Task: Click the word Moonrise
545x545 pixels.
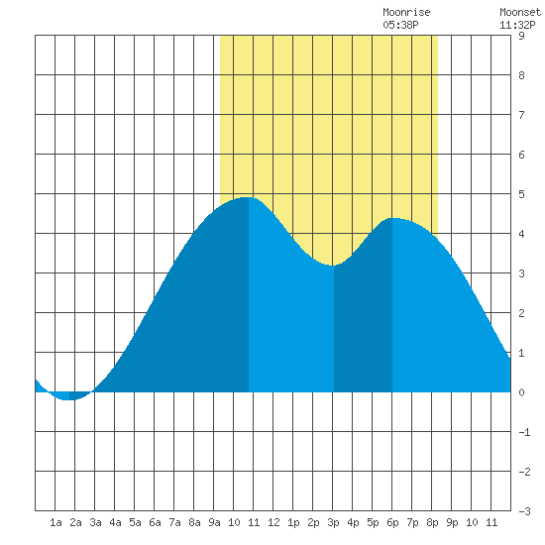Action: [x=406, y=12]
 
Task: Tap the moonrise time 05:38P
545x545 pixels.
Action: [x=400, y=25]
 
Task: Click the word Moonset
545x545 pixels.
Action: [x=520, y=12]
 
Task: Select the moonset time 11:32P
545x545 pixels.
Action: [x=517, y=25]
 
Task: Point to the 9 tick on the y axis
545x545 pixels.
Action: [x=521, y=36]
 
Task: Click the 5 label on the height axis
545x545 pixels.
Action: [x=521, y=194]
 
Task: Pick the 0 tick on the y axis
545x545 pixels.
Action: [x=521, y=392]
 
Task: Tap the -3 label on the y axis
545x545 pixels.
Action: [x=524, y=511]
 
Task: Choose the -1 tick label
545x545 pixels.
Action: [x=524, y=432]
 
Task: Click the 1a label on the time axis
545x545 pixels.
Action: [x=55, y=522]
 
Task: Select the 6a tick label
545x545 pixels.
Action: [x=155, y=522]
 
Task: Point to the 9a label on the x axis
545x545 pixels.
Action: [x=214, y=522]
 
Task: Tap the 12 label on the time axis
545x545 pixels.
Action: [x=273, y=522]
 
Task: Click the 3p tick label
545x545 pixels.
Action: [x=333, y=522]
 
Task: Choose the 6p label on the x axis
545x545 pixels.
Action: [x=392, y=522]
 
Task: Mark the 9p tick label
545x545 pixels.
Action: [x=452, y=522]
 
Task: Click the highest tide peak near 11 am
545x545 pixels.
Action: [x=248, y=197]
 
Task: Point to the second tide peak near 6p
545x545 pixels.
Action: [x=392, y=218]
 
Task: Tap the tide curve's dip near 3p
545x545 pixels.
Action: [x=333, y=266]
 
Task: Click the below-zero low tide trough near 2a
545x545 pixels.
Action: [x=68, y=399]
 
